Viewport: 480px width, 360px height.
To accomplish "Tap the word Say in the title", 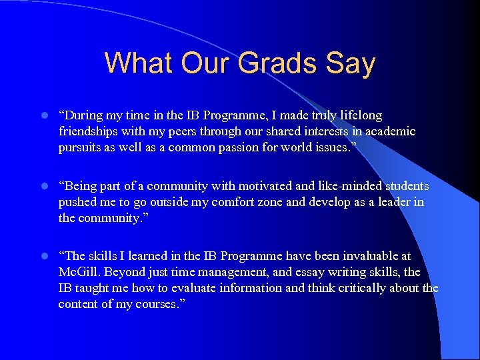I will tap(350, 63).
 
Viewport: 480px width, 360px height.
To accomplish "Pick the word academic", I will tap(389, 131).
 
